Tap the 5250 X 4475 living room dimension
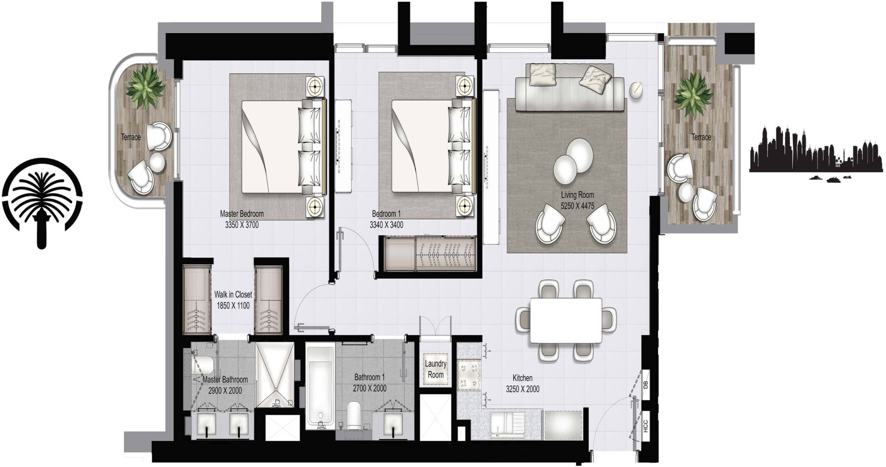577,206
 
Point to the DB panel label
645,384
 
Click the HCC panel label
645,426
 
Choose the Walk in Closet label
233,294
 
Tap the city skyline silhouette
815,151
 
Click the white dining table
566,320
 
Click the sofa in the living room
569,94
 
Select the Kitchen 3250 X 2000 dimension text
522,389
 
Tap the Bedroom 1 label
386,214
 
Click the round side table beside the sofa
636,90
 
